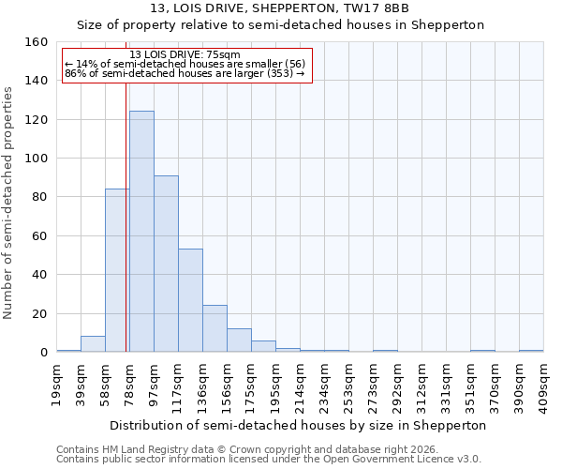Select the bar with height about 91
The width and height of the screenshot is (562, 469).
click(166, 264)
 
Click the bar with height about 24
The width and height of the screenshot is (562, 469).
click(214, 328)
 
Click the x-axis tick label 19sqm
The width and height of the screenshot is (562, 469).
click(57, 381)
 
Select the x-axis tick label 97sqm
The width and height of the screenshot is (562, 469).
click(155, 381)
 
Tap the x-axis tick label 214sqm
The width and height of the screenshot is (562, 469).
click(301, 383)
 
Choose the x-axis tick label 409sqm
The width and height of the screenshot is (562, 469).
click(544, 383)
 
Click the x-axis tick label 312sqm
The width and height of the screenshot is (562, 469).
click(422, 383)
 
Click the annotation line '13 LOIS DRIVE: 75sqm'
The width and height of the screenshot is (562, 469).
click(185, 54)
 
